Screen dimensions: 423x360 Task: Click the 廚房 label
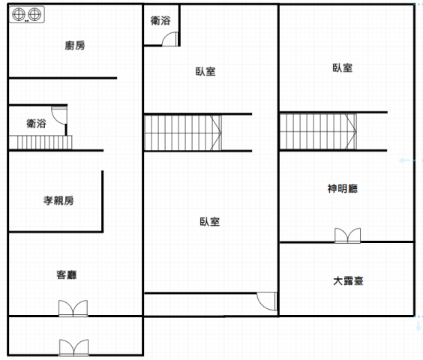coord(75,45)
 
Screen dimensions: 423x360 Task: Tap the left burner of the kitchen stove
coord(19,14)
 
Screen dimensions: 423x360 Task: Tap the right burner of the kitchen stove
coord(34,14)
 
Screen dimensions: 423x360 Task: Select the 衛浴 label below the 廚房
coord(36,123)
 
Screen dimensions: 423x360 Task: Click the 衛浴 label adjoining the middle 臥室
coord(160,20)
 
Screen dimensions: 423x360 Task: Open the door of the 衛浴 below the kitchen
coord(59,115)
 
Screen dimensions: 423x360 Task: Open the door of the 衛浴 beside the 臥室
coord(170,39)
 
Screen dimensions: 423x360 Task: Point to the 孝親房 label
coord(58,200)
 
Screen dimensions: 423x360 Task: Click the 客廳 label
coord(66,274)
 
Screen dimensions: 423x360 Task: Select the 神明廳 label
coord(343,188)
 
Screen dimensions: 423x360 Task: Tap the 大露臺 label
coord(348,281)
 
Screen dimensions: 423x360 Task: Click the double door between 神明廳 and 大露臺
coord(347,235)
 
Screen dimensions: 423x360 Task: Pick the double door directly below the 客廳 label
coord(73,308)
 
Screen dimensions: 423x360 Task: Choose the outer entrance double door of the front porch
coord(73,347)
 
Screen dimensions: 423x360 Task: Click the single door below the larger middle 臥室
coord(267,301)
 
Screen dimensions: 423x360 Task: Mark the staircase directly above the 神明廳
coord(318,131)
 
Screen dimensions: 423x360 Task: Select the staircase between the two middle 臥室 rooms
coord(183,133)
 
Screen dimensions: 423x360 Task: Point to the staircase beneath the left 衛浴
coord(40,142)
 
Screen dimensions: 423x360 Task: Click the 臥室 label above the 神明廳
coord(343,67)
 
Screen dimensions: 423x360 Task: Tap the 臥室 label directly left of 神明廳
coord(209,221)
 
